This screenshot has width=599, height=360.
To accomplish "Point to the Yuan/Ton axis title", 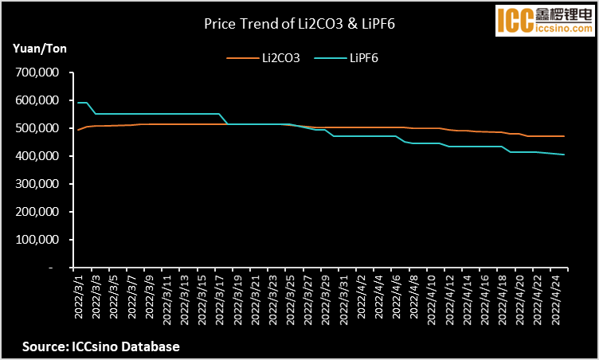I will point(41,49).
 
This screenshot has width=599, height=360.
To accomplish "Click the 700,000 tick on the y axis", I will point(38,72).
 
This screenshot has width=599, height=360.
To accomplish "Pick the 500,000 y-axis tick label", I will point(38,128).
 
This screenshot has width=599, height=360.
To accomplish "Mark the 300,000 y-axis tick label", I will point(38,184).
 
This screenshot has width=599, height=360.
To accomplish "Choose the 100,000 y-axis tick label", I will point(38,240).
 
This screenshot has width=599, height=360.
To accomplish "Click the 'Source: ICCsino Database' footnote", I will point(100,346).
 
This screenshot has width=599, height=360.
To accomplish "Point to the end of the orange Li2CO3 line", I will point(564,136).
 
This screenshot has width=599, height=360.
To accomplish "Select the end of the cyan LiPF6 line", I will point(564,155).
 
